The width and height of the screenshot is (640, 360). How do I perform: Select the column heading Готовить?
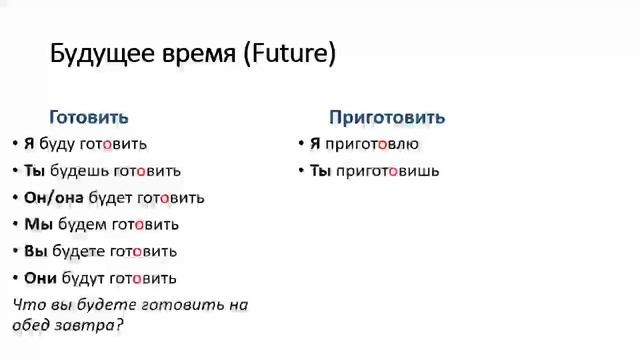tap(89, 117)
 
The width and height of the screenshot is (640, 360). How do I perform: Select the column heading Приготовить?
tap(387, 117)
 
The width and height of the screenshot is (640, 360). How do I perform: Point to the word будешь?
tap(76, 171)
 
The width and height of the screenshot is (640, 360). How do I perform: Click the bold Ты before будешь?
tap(34, 171)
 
